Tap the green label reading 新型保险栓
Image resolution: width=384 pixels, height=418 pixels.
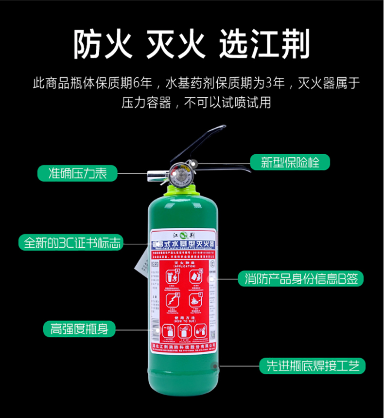(290, 162)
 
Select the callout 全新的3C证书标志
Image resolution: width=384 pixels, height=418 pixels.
(70, 242)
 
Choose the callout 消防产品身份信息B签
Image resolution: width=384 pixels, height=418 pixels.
(301, 279)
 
